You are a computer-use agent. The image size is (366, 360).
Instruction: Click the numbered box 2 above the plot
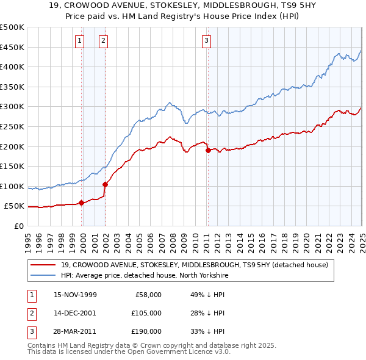(x=103, y=41)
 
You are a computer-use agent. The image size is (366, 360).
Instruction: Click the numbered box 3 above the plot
(x=207, y=41)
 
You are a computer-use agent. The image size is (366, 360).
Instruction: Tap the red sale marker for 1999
(x=82, y=203)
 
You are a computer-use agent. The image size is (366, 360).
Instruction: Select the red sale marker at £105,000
(x=106, y=184)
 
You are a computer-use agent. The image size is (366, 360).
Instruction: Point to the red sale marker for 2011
(x=208, y=150)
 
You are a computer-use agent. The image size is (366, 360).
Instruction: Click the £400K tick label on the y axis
(x=12, y=67)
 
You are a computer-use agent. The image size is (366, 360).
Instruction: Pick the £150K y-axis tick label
(x=12, y=166)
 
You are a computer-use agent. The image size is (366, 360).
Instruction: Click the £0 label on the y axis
(x=18, y=226)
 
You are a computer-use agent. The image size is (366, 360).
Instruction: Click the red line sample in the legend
(x=43, y=265)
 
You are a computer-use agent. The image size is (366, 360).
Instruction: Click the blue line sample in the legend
(x=43, y=275)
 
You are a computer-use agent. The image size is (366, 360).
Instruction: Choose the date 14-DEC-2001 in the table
(x=75, y=313)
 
